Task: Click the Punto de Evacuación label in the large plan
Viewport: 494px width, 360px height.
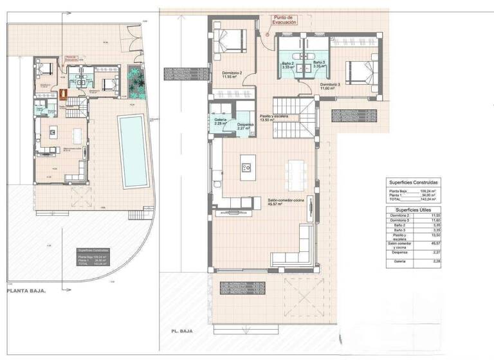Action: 284,19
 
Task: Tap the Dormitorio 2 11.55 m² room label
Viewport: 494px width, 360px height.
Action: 232,76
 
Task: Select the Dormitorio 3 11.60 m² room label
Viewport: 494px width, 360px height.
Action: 330,87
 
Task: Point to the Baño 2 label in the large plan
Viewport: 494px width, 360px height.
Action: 288,64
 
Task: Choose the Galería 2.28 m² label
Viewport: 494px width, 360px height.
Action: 220,122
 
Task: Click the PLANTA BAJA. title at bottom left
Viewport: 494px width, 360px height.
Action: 26,291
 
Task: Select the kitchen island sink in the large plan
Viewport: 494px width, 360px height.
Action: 246,167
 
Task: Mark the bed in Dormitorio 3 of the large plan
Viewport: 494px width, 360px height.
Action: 358,67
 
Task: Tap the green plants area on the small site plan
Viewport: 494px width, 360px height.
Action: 136,80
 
